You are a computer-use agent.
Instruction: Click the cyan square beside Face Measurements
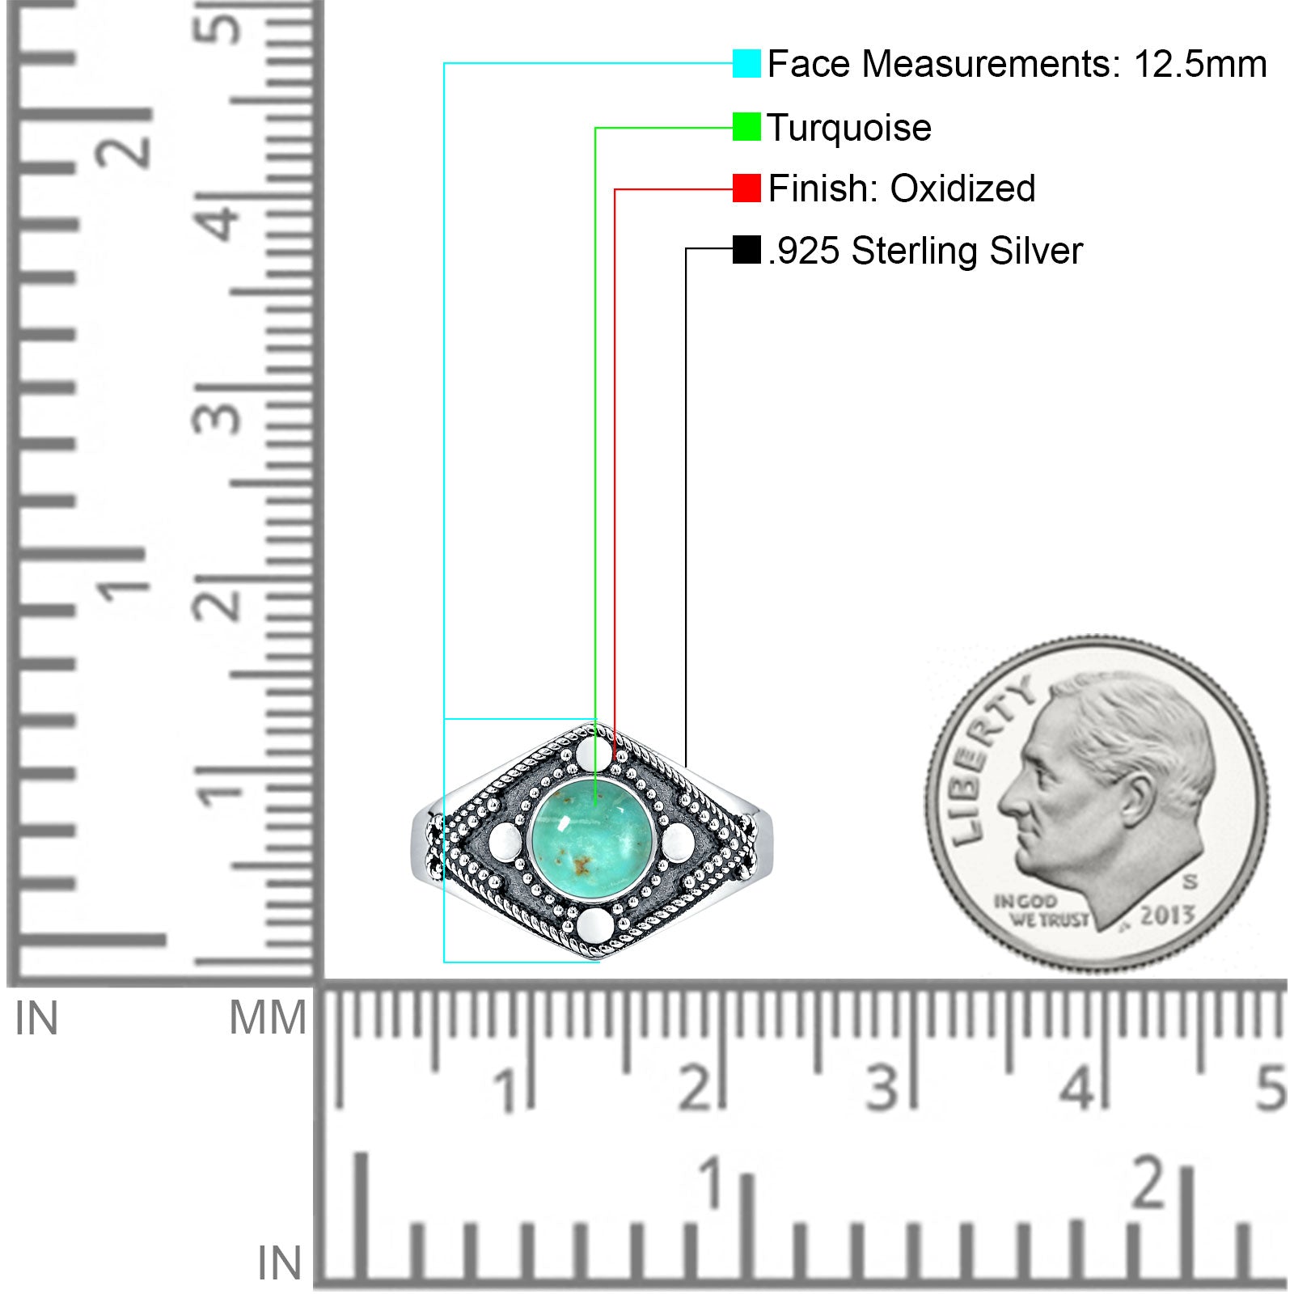pyautogui.click(x=746, y=64)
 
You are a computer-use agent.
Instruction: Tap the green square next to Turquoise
pyautogui.click(x=746, y=127)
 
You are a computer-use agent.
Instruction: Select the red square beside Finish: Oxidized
pyautogui.click(x=746, y=188)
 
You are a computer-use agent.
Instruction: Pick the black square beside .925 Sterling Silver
pyautogui.click(x=746, y=250)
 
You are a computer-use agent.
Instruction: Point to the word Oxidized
pyautogui.click(x=962, y=188)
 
